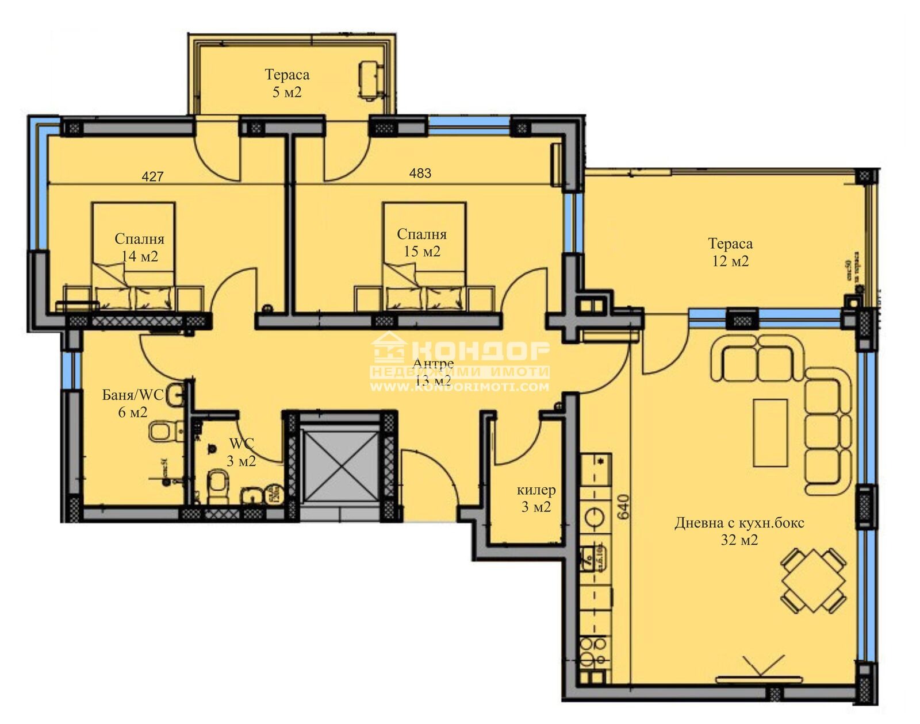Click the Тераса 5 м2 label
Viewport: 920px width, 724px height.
point(286,83)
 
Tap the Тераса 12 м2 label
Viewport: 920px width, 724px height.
point(730,252)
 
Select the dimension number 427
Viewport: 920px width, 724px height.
point(152,176)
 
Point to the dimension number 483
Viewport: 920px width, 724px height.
point(420,173)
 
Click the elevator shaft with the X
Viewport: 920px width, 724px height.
point(340,466)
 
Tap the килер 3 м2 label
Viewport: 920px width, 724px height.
point(536,498)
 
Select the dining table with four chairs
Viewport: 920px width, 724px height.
point(813,580)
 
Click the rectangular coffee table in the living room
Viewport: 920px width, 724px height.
point(770,433)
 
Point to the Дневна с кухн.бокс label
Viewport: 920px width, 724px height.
point(739,531)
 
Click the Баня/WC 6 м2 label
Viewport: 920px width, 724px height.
point(133,403)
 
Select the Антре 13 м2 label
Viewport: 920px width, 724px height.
point(433,372)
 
